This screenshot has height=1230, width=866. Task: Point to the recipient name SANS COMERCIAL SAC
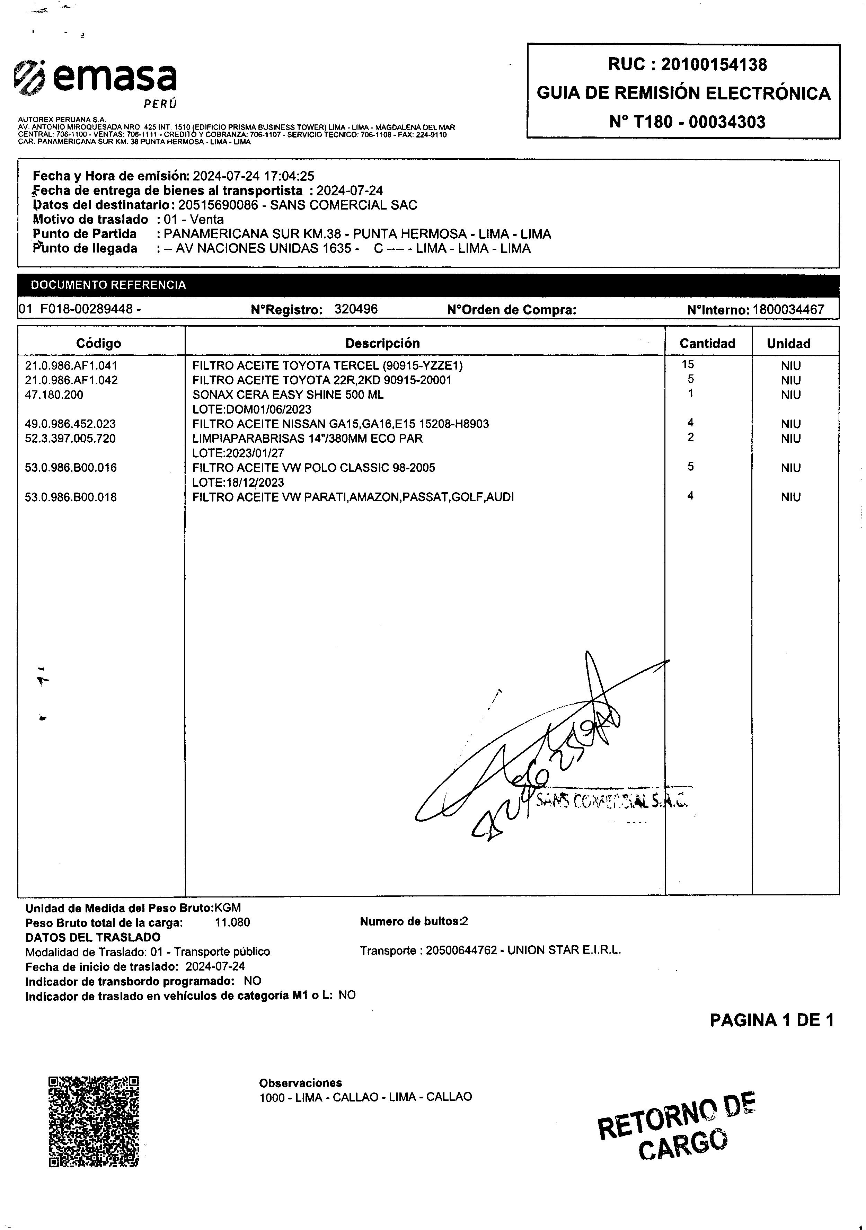[344, 205]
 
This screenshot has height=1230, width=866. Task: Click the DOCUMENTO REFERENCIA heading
[108, 285]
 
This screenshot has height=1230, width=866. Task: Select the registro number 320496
[356, 309]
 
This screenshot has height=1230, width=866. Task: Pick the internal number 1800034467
[788, 310]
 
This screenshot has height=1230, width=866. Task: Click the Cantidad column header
[707, 343]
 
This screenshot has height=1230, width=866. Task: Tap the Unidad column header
[788, 343]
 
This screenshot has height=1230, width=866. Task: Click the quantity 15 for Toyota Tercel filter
[688, 364]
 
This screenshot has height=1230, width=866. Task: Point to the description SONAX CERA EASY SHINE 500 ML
[288, 395]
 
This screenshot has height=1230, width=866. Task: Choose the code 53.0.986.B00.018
[71, 497]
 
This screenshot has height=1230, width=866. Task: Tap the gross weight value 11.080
[232, 922]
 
